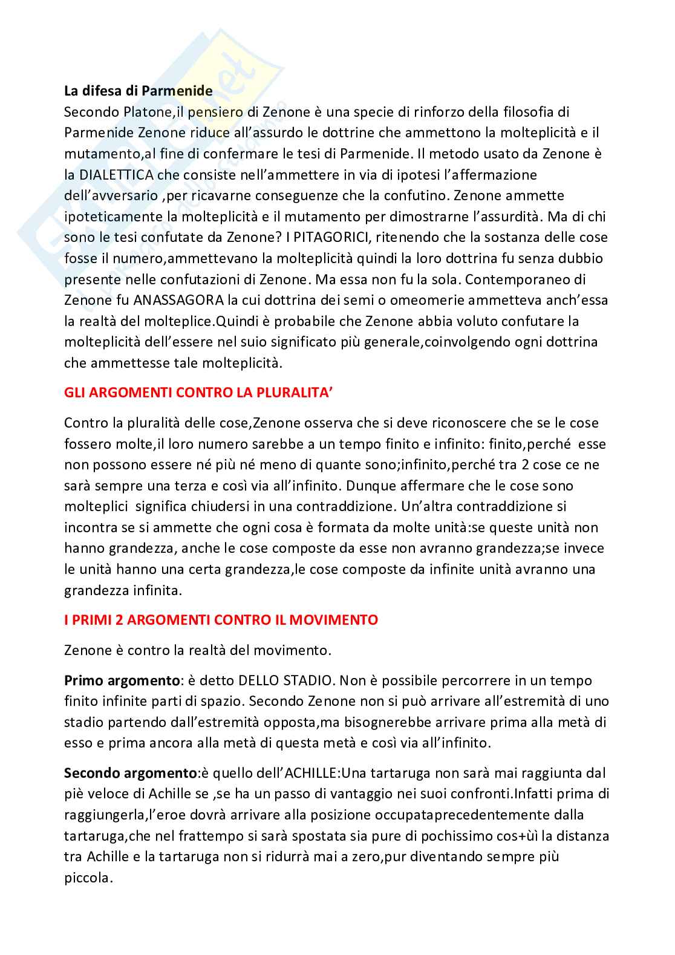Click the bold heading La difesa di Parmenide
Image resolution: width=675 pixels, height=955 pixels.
(x=139, y=91)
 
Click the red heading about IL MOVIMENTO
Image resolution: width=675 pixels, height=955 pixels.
(x=221, y=620)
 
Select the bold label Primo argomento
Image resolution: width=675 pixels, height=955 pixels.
(x=122, y=680)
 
